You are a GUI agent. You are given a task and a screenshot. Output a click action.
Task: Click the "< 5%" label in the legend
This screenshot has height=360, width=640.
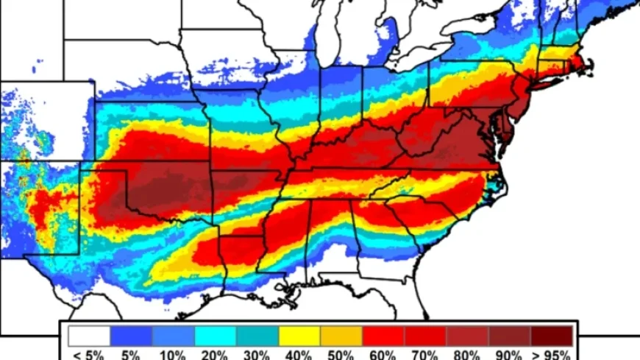pyautogui.click(x=89, y=354)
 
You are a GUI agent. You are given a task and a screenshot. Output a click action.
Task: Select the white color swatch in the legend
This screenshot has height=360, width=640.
pyautogui.click(x=89, y=336)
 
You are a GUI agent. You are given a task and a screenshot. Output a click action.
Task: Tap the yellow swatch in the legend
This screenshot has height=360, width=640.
pyautogui.click(x=299, y=336)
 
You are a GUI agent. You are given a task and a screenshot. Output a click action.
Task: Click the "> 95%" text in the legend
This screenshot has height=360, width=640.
pyautogui.click(x=551, y=354)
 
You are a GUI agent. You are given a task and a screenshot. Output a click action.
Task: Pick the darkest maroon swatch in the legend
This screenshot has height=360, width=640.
pyautogui.click(x=551, y=336)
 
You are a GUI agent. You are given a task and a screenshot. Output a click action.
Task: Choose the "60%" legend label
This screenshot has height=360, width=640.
pyautogui.click(x=383, y=354)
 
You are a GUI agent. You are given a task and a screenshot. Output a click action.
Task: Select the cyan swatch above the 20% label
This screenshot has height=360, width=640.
pyautogui.click(x=216, y=336)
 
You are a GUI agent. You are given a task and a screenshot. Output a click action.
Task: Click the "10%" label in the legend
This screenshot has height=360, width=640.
pyautogui.click(x=173, y=354)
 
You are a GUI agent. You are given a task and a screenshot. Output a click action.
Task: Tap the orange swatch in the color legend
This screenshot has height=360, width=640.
pyautogui.click(x=341, y=336)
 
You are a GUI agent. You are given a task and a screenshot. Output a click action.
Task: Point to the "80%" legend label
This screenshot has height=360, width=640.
pyautogui.click(x=467, y=354)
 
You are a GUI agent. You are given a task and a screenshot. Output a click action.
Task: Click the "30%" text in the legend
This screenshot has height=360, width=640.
pyautogui.click(x=257, y=354)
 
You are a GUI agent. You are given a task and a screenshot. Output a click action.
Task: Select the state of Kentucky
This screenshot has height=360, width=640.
pyautogui.click(x=353, y=147)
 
